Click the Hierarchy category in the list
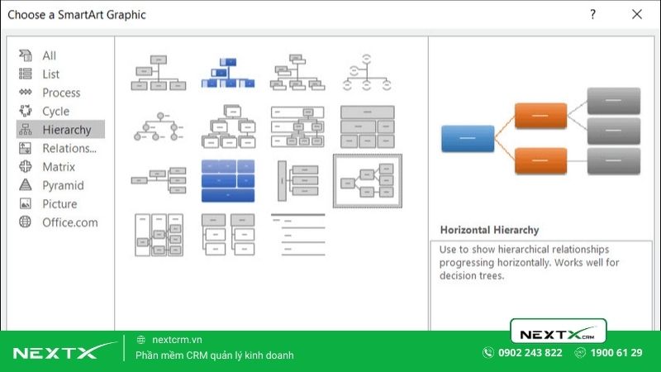pyautogui.click(x=66, y=130)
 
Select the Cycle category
pyautogui.click(x=55, y=112)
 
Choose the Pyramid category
pyautogui.click(x=63, y=186)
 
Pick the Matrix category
pyautogui.click(x=59, y=167)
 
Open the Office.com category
pyautogui.click(x=69, y=222)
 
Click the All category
pyautogui.click(x=50, y=56)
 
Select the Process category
pyautogui.click(x=61, y=93)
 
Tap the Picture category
pyautogui.click(x=59, y=204)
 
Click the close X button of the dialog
pyautogui.click(x=636, y=14)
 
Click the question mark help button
pyautogui.click(x=592, y=14)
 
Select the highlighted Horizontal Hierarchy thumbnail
pyautogui.click(x=368, y=179)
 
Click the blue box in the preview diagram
pyautogui.click(x=468, y=139)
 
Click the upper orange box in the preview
pyautogui.click(x=540, y=116)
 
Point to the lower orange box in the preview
pyautogui.click(x=540, y=160)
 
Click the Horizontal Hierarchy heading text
pyautogui.click(x=489, y=230)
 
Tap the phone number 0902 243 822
pyautogui.click(x=530, y=353)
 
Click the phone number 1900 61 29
pyautogui.click(x=616, y=353)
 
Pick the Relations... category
pyautogui.click(x=69, y=149)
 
